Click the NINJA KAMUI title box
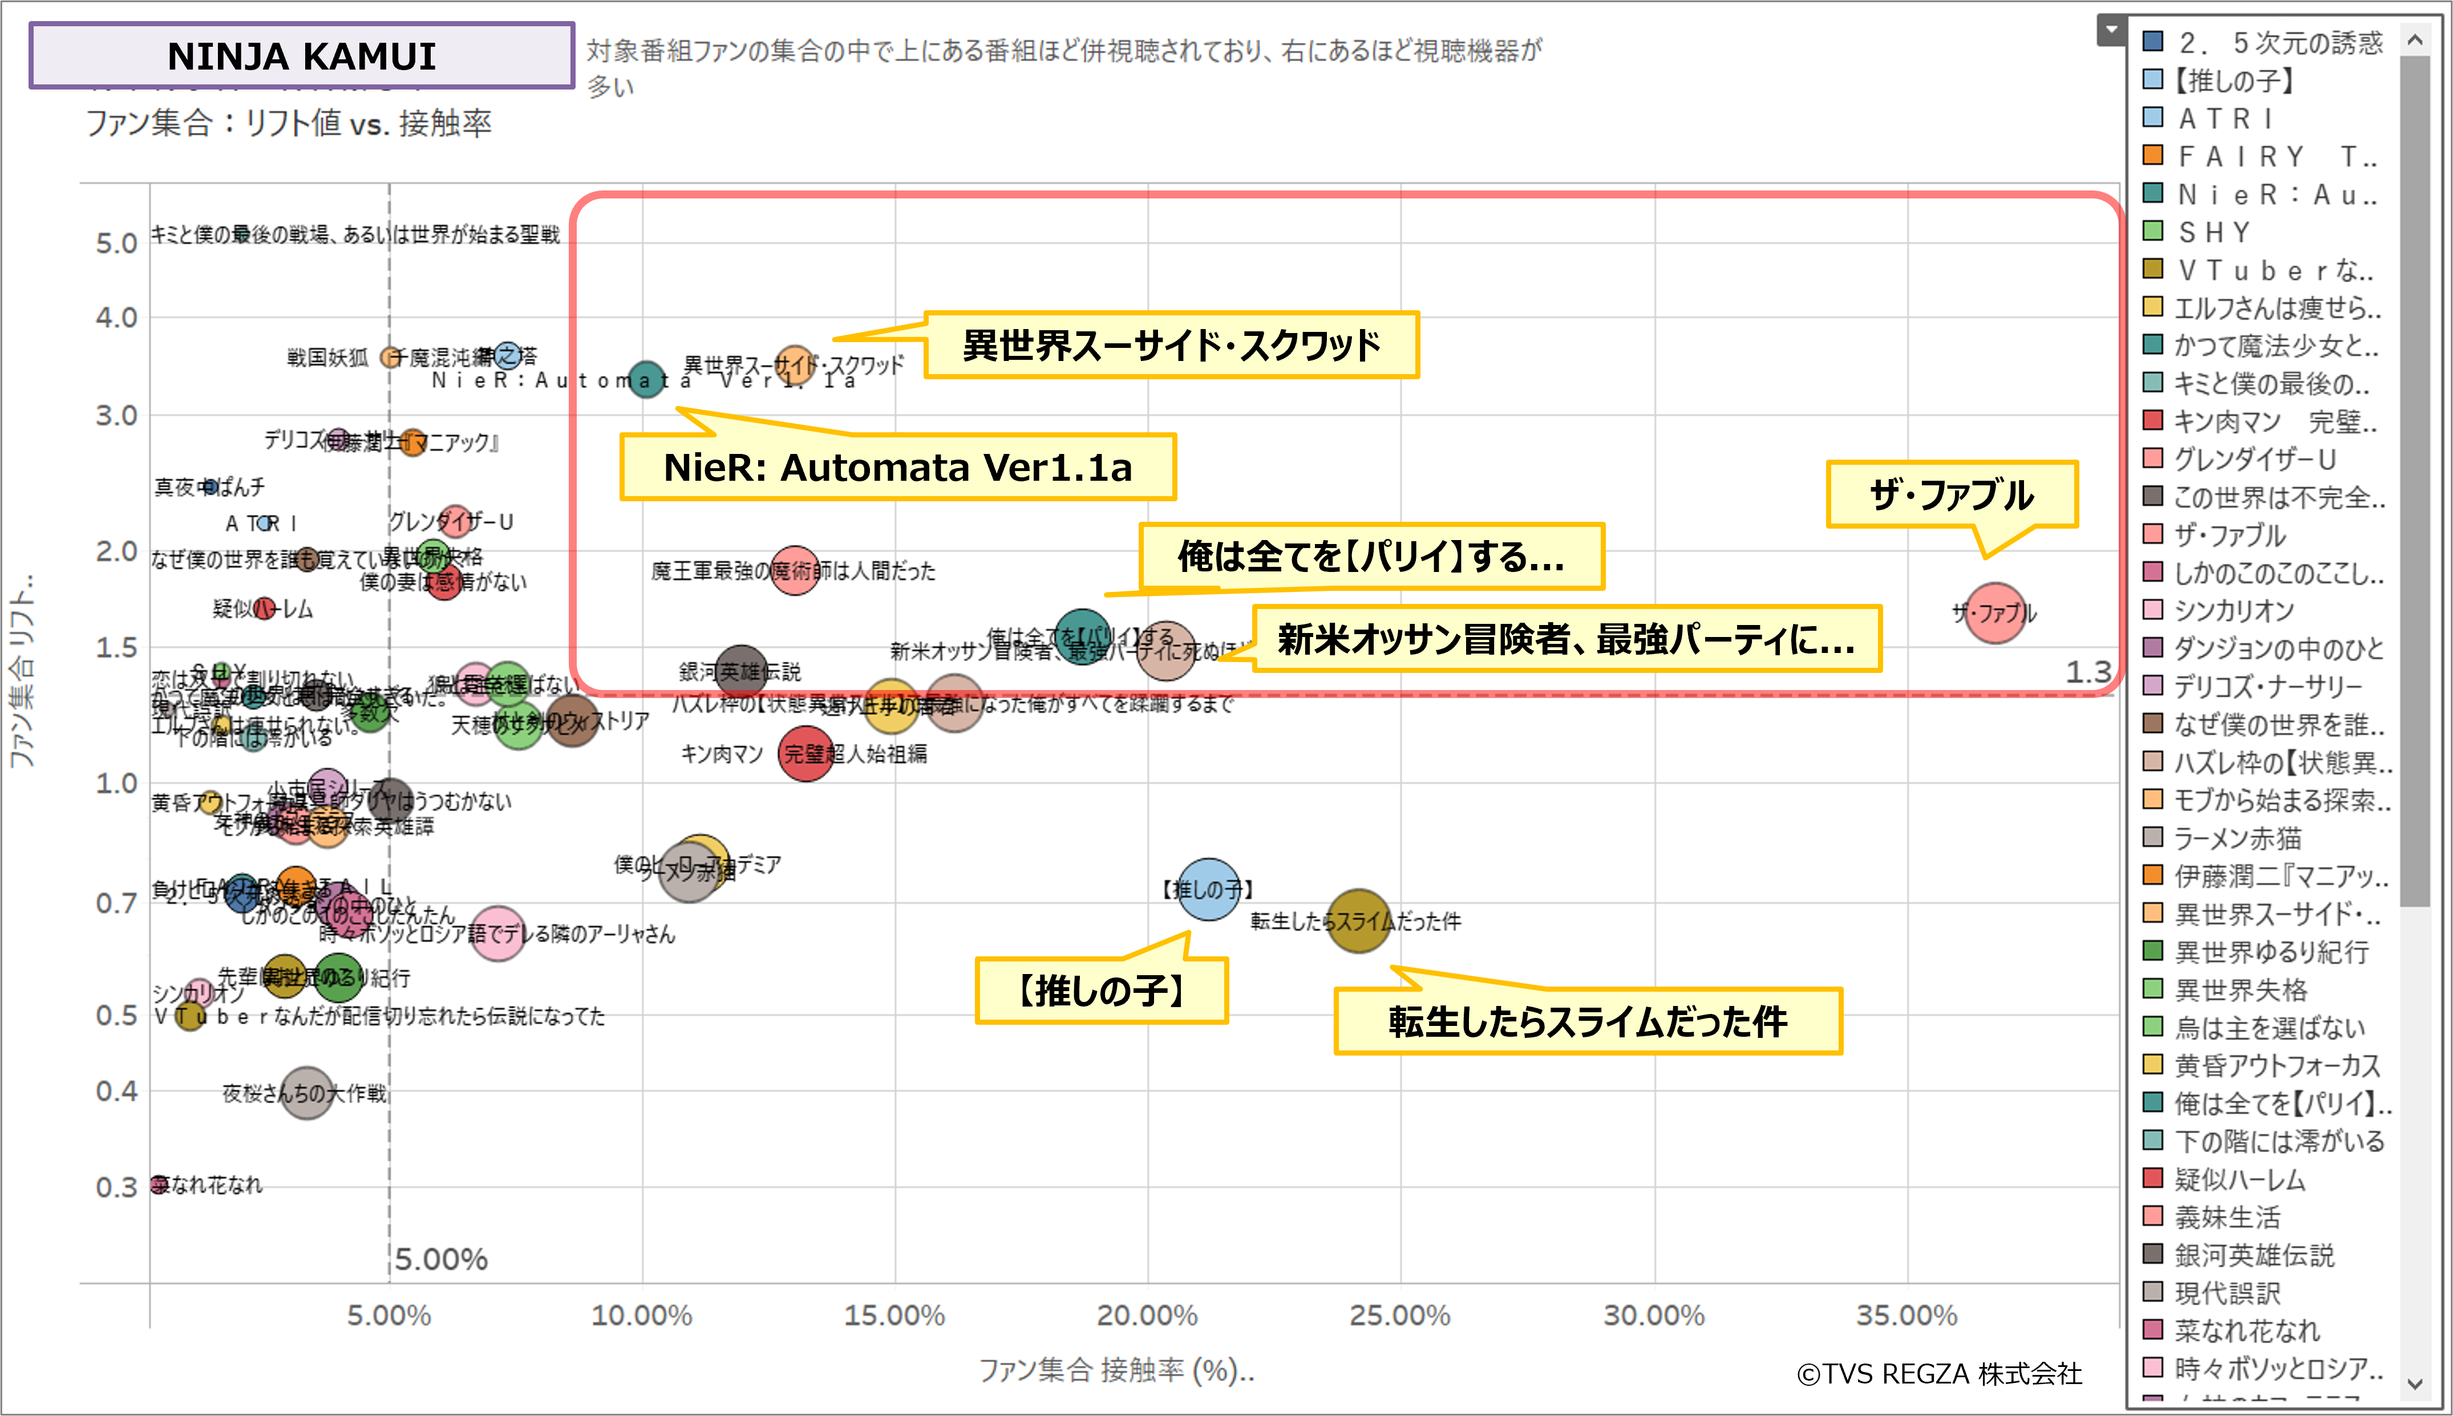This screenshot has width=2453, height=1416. [302, 55]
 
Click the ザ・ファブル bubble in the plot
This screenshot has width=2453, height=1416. [1995, 612]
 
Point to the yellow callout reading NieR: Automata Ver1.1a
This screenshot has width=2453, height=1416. [897, 467]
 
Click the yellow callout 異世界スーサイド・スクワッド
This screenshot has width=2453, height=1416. [1171, 345]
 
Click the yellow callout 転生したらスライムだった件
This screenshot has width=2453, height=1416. [1588, 1021]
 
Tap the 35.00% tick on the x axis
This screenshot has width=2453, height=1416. [1906, 1315]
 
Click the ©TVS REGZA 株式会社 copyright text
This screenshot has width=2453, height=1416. [1938, 1373]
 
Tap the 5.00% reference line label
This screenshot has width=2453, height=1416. [440, 1259]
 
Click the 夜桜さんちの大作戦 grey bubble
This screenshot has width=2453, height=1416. [306, 1093]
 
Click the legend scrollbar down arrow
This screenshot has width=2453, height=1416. [2414, 1383]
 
